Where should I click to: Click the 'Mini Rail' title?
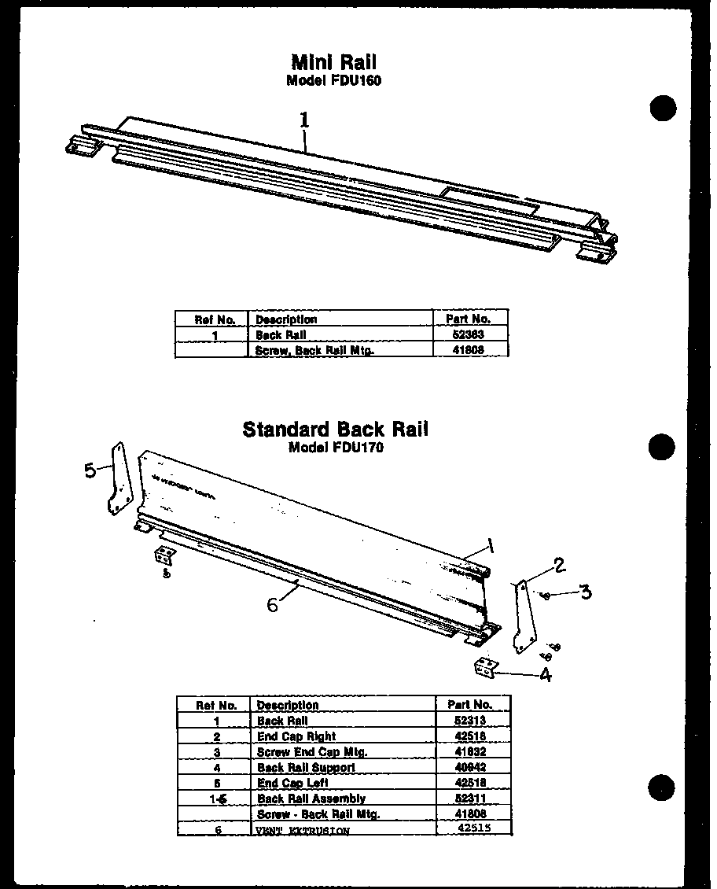click(334, 62)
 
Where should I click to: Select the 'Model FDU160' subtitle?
click(334, 80)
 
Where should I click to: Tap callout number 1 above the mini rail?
click(304, 120)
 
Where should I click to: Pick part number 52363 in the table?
click(469, 334)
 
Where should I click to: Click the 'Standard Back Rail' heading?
click(336, 430)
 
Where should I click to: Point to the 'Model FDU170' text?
click(336, 448)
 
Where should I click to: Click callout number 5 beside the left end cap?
click(90, 470)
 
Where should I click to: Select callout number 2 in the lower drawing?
click(559, 564)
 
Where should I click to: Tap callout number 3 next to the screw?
click(585, 592)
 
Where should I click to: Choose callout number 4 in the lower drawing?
click(545, 674)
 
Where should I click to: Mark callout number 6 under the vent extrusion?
click(272, 604)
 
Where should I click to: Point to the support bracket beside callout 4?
click(486, 667)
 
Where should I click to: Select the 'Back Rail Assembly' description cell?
click(311, 799)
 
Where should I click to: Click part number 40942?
click(471, 767)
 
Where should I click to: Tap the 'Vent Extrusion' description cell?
click(303, 830)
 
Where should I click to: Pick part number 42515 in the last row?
click(472, 828)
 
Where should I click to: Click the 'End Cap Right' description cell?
click(296, 736)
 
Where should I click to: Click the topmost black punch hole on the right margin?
click(663, 108)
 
